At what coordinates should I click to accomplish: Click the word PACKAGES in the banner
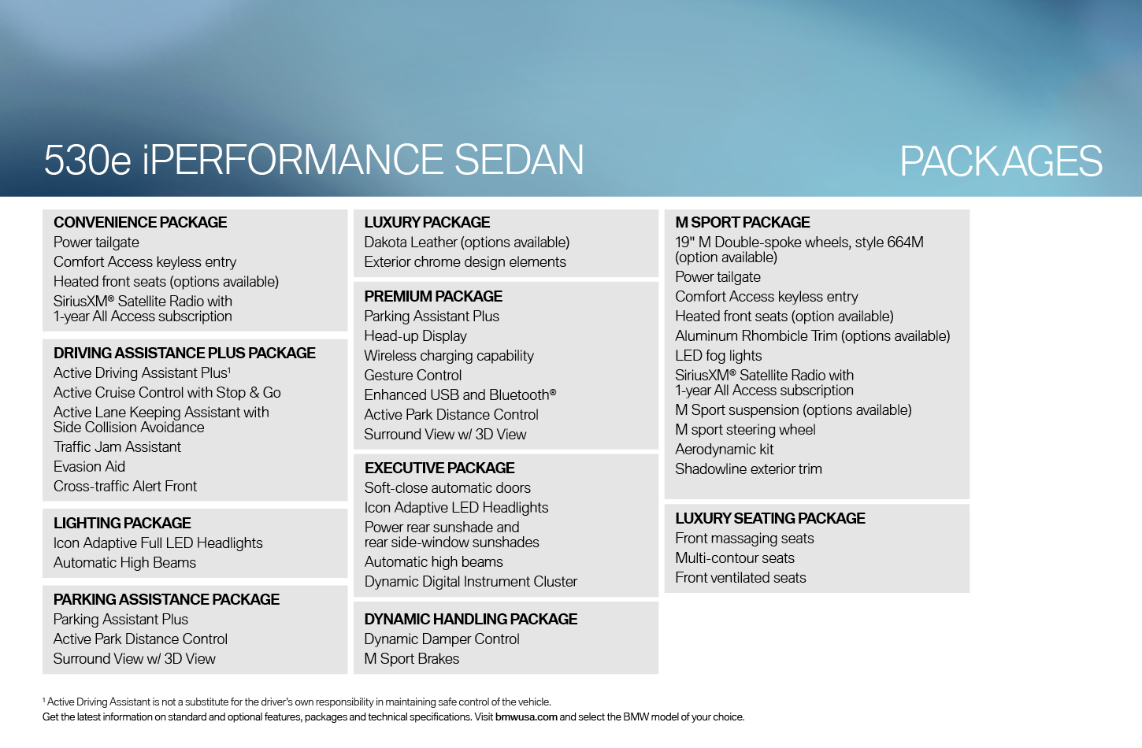click(1001, 161)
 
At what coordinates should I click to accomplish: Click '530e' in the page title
click(87, 160)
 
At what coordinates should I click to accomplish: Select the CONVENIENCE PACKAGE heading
click(140, 222)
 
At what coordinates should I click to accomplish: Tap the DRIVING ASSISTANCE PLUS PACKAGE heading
click(184, 353)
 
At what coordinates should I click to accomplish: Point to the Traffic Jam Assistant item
click(117, 447)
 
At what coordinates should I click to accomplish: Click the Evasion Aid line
click(89, 466)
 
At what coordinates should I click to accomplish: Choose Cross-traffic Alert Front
click(125, 486)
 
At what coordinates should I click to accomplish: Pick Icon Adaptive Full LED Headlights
click(158, 543)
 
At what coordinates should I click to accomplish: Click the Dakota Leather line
click(467, 243)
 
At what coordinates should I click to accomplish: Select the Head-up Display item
click(416, 336)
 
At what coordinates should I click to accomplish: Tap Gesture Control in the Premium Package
click(413, 376)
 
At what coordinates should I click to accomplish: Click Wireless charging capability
click(449, 356)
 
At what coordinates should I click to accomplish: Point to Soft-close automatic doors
click(447, 488)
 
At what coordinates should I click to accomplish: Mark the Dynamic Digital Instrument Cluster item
click(471, 582)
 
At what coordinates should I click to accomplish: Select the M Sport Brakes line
click(412, 659)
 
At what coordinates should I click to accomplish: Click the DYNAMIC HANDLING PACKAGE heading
click(471, 619)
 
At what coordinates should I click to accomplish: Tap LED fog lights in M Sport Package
click(718, 356)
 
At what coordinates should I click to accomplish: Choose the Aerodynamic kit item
click(725, 450)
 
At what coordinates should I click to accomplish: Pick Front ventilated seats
click(741, 578)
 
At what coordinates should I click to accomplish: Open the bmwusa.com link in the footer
click(526, 717)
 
